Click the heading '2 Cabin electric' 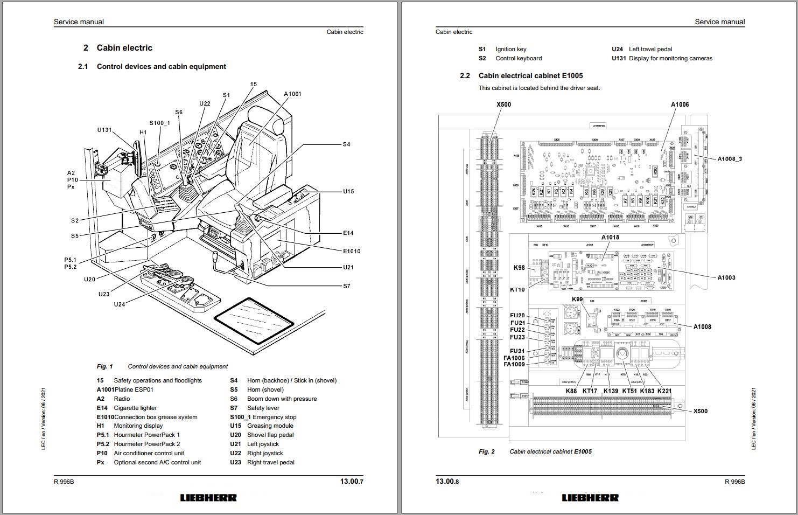[118, 48]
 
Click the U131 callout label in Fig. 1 [104, 130]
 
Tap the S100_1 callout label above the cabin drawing [159, 123]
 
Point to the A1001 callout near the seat [292, 94]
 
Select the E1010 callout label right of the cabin [352, 251]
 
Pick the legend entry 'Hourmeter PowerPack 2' [146, 444]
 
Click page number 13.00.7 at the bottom [351, 482]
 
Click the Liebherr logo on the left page [208, 498]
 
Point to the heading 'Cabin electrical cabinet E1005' [530, 76]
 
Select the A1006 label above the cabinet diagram [680, 105]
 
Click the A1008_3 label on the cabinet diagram [730, 159]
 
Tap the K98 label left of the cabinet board [519, 268]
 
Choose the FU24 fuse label [517, 351]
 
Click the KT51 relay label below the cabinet [629, 391]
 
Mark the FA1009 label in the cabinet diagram [514, 365]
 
